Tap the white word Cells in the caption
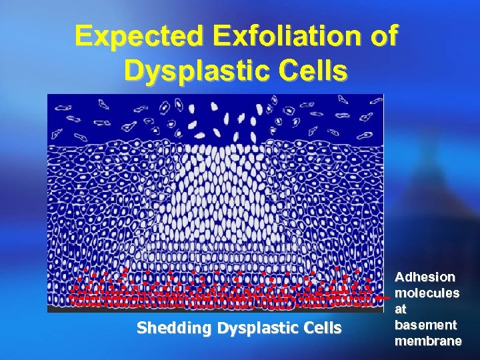point(320,328)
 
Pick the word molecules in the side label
point(427,293)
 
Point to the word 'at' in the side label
point(401,309)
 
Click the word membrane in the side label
point(428,341)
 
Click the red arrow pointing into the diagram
point(381,299)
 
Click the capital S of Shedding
point(141,328)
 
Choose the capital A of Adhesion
point(400,277)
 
